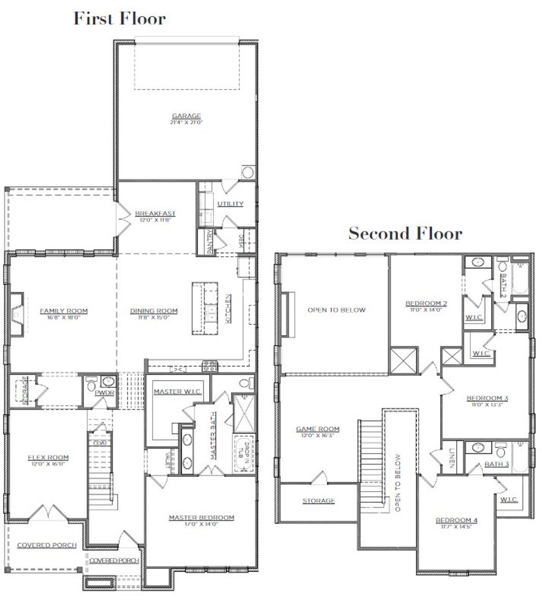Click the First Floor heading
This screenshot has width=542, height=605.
pos(119,19)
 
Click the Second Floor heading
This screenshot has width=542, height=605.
pos(405,233)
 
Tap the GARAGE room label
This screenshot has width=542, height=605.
pos(186,116)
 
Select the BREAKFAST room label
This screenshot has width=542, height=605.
pos(155,213)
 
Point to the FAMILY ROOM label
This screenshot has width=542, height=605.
pos(64,311)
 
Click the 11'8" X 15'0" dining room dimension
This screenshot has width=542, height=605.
pos(154,317)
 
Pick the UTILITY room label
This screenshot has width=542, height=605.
pos(230,204)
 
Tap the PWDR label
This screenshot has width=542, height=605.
pos(104,392)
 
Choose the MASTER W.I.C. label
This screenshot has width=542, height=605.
pos(177,392)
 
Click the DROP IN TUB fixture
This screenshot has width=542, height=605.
pos(243,454)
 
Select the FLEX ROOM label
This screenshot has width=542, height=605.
pos(48,457)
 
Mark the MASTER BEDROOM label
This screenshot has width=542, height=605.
pos(201,517)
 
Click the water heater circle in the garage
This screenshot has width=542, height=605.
pos(248,172)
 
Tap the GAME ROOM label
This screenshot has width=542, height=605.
pos(318,429)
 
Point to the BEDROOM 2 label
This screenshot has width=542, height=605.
pos(426,303)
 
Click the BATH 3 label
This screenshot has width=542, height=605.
pos(496,464)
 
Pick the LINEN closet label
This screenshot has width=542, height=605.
pos(451,458)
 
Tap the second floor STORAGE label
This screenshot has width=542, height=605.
pos(318,500)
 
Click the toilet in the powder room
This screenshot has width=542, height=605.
pos(91,386)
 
